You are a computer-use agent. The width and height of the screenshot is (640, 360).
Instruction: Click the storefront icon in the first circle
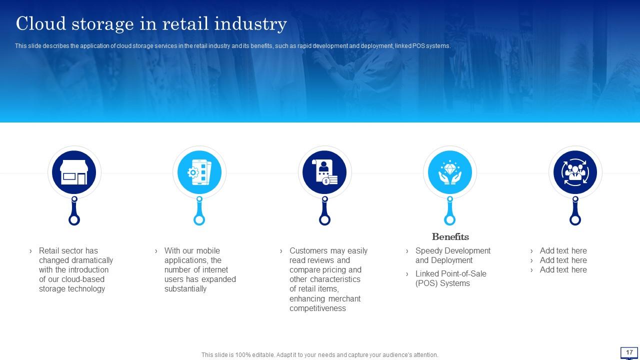point(74,172)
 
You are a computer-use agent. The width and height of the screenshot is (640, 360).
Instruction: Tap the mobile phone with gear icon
point(199,172)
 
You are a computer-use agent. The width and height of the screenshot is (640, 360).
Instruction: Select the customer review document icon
point(324,172)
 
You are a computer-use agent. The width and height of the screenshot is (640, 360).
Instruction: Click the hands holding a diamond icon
point(449,172)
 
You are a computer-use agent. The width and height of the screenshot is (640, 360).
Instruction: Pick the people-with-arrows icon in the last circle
point(575,172)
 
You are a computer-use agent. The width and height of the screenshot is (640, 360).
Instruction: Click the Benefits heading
point(450,236)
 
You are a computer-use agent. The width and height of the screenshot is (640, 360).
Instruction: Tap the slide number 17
point(629,352)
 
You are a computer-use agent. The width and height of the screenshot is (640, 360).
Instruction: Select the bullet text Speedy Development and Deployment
point(452,255)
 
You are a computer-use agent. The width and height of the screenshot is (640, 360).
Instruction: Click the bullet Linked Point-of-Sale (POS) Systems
point(450,278)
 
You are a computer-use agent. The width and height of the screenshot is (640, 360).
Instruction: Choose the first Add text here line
point(563,250)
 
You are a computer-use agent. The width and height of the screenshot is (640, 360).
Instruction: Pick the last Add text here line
point(563,269)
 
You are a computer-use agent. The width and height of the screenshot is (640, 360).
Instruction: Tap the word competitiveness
point(317,308)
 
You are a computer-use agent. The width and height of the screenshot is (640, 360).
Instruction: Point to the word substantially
point(185,288)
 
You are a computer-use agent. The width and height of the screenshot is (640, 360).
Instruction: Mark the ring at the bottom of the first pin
point(74,219)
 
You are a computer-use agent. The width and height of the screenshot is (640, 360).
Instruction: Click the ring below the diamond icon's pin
point(449,219)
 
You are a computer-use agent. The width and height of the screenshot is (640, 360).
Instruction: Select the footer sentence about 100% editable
point(319,355)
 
